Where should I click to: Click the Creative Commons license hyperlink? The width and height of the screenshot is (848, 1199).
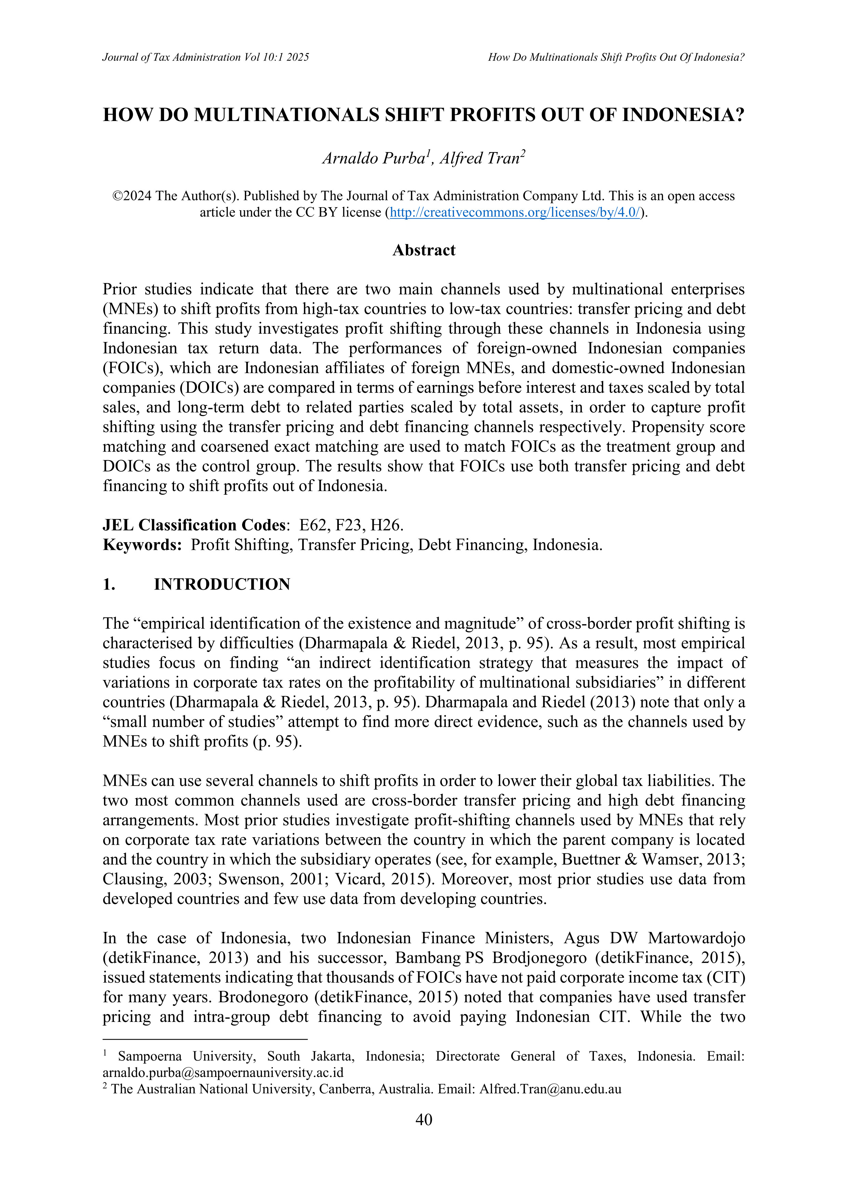[515, 213]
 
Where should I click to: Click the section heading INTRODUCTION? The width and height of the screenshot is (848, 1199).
[222, 584]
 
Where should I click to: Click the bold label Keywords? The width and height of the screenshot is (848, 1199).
[142, 545]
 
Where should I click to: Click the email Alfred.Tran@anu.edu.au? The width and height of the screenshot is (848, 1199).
[551, 1089]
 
